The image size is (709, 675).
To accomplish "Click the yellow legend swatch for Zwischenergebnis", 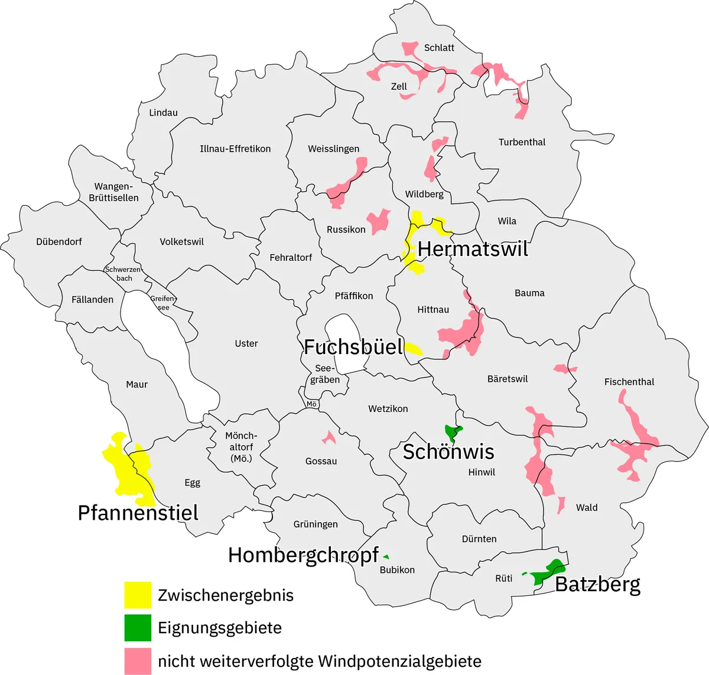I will coord(137,595).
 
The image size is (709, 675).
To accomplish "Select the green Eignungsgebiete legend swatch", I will coord(137,628).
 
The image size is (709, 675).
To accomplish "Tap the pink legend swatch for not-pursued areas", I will coord(137,661).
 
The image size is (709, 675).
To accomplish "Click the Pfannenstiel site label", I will coord(138,513).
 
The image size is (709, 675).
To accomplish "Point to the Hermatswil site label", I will coord(473,249).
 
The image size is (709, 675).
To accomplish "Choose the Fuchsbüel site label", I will coord(353,347).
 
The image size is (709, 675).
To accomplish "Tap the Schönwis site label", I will coord(448,452).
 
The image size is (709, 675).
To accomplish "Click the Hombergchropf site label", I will coord(303,555).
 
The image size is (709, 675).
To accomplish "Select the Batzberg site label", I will coord(598,585).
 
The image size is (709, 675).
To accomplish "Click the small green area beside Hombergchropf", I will coord(386,556).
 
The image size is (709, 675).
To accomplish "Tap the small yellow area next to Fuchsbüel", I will coord(414,348).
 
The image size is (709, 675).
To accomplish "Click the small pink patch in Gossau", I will coord(328,437).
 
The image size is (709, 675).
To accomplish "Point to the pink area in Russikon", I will coord(378,221).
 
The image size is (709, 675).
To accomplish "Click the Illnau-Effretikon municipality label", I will coord(235,149).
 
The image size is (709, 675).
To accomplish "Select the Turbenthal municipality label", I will coord(522,142).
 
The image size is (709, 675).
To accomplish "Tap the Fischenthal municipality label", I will coord(629,382).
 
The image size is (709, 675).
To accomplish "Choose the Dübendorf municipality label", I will coord(59,242).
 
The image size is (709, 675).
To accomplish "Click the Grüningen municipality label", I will coord(316,524).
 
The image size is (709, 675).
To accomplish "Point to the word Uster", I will coord(246,343).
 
